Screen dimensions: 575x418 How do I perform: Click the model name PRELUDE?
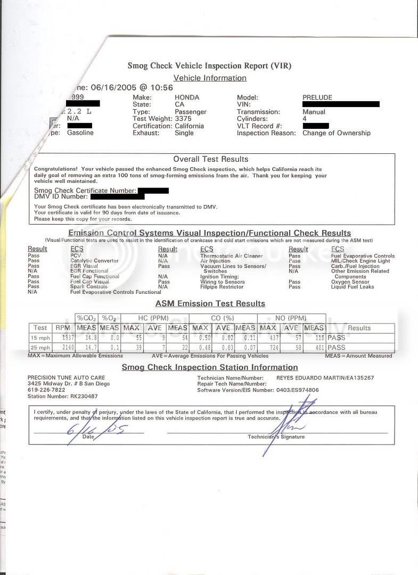pyautogui.click(x=318, y=97)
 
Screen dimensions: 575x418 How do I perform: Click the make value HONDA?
pyautogui.click(x=187, y=97)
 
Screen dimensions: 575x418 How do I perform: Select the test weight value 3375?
pyautogui.click(x=185, y=119)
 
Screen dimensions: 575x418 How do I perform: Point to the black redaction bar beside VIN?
pyautogui.click(x=341, y=104)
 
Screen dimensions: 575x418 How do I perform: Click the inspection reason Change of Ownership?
pyautogui.click(x=336, y=133)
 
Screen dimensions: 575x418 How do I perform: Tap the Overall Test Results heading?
pyautogui.click(x=210, y=159)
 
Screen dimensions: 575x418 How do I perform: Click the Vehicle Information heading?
pyautogui.click(x=210, y=78)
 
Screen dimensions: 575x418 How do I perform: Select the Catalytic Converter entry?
pyautogui.click(x=94, y=261)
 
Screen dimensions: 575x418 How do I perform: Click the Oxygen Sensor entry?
pyautogui.click(x=350, y=282)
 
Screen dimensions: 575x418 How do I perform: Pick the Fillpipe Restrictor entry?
pyautogui.click(x=222, y=287)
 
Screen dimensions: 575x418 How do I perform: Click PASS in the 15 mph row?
pyautogui.click(x=337, y=338)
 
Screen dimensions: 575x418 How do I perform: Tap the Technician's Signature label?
pyautogui.click(x=276, y=437)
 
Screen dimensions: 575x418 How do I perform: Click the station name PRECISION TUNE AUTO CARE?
pyautogui.click(x=66, y=377)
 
